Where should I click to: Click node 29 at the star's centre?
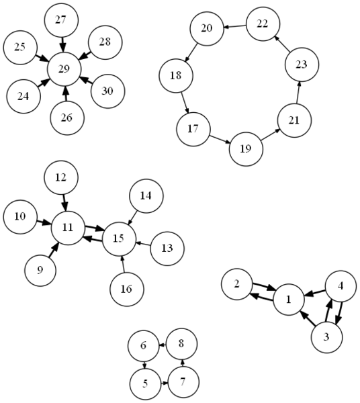tap(64, 69)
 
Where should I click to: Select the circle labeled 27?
tap(61, 20)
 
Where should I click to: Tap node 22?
tap(263, 24)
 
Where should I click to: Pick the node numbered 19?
tap(246, 149)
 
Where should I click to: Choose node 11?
tap(68, 228)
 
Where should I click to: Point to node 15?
tap(119, 238)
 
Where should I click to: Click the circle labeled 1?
tap(289, 300)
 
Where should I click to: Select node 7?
tap(183, 382)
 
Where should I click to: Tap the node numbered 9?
tap(40, 271)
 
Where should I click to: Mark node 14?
tap(146, 196)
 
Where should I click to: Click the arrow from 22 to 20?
tap(234, 26)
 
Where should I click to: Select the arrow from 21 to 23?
tap(298, 93)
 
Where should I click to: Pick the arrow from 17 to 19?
tap(220, 139)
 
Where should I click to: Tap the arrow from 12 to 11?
tap(64, 203)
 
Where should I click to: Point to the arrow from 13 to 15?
tap(142, 243)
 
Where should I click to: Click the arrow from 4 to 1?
tap(315, 292)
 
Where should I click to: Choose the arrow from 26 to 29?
tap(66, 93)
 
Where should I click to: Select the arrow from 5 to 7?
tap(164, 384)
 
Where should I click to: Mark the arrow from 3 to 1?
tap(308, 318)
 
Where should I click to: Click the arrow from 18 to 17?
tap(185, 103)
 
